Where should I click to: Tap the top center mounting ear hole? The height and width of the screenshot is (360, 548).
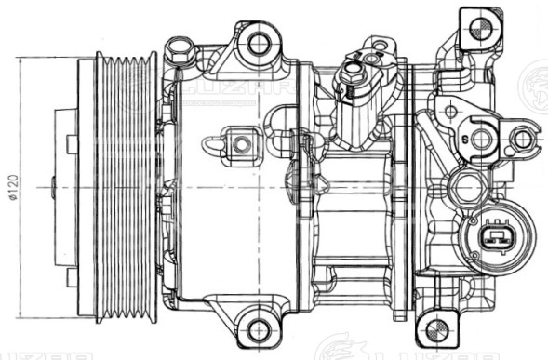(258, 42)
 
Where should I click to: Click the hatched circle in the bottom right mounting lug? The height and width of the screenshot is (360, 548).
(434, 329)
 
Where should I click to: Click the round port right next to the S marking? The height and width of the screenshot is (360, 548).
(482, 140)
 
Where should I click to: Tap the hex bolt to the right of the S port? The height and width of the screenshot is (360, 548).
(522, 140)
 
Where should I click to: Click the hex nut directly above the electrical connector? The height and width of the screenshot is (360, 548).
(466, 188)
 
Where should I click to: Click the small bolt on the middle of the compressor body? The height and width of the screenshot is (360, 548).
(241, 145)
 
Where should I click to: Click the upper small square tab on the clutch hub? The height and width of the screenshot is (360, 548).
(73, 144)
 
